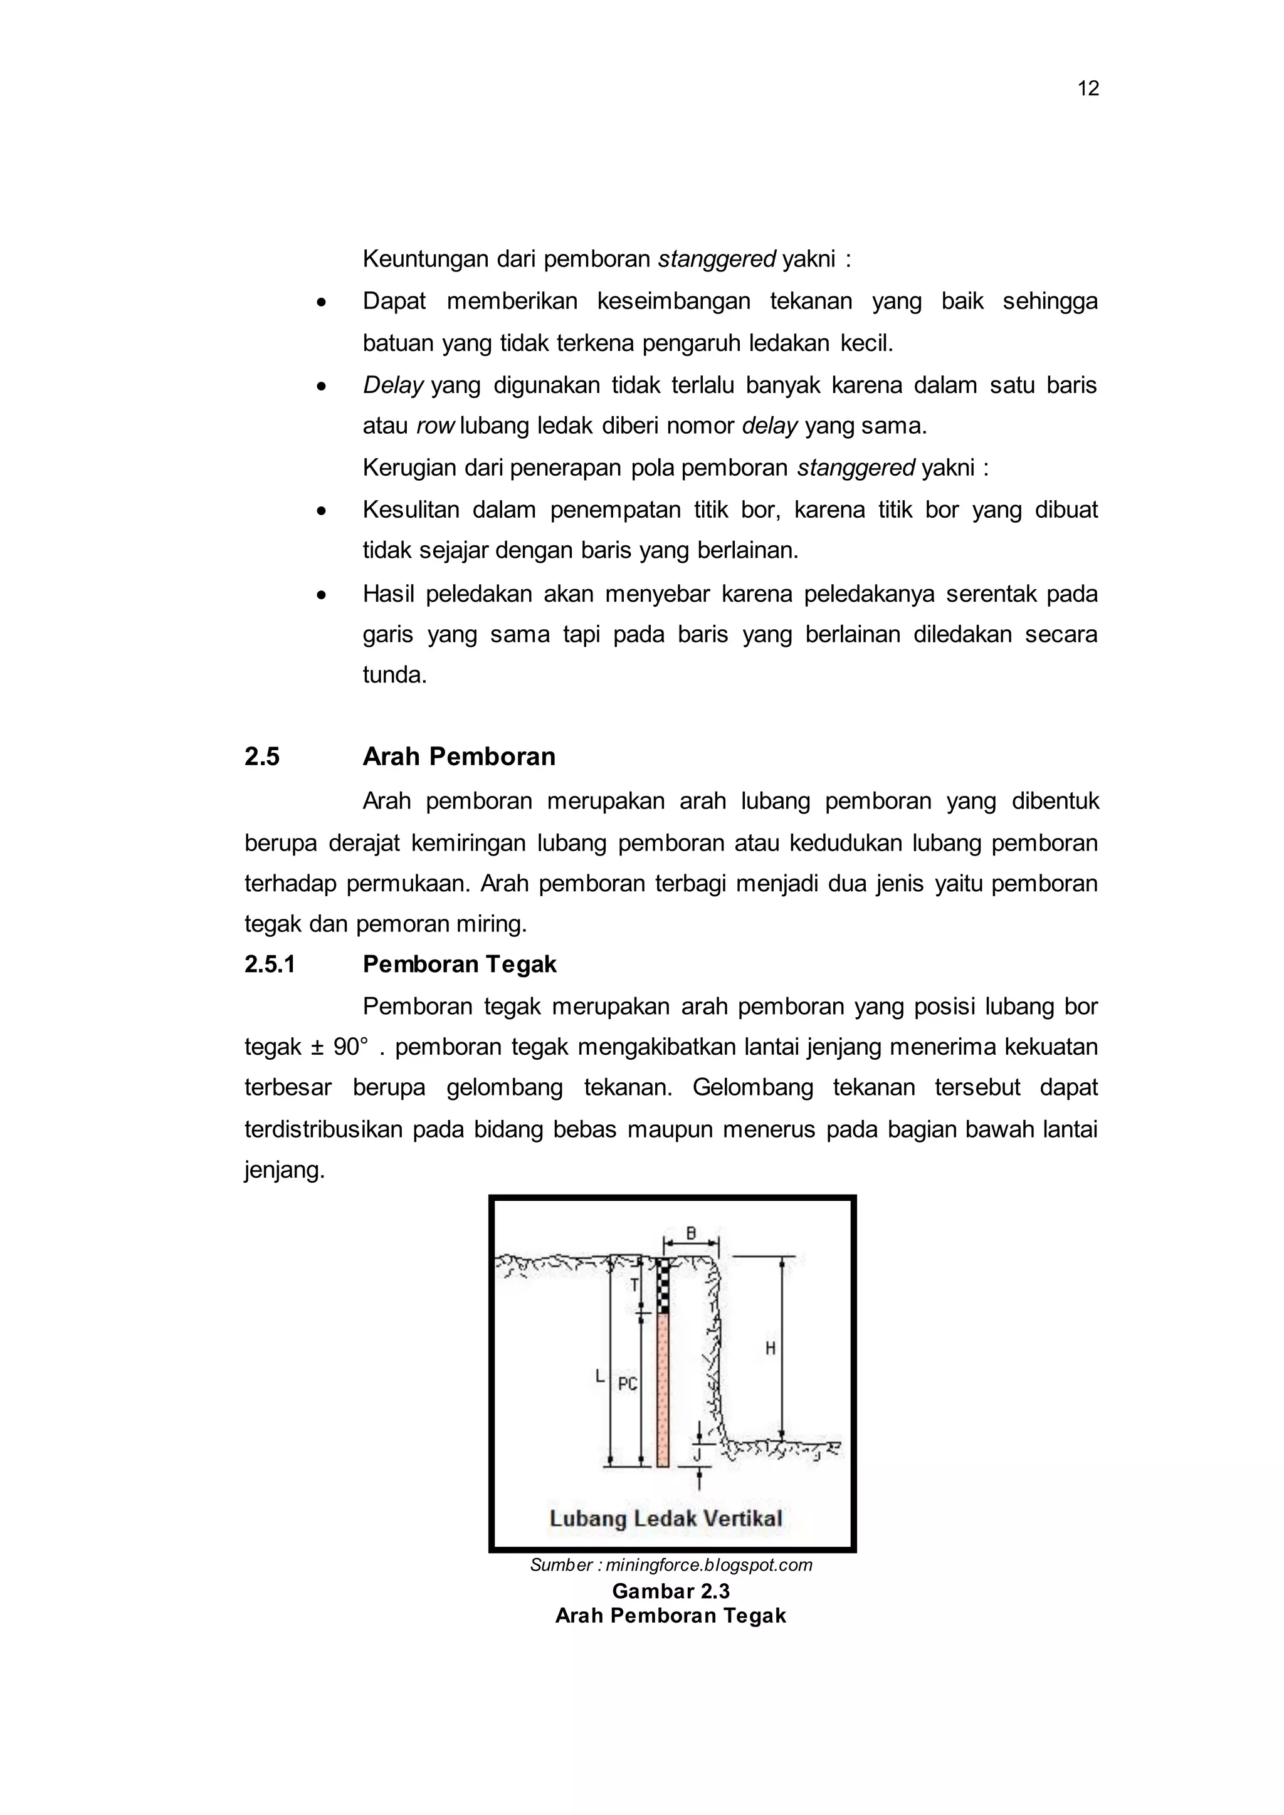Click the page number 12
pos(1088,88)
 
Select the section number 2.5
pos(261,756)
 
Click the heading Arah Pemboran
pos(458,756)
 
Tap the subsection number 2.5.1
pos(270,964)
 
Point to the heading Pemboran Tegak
pos(460,964)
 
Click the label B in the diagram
pos(690,1233)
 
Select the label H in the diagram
pos(769,1349)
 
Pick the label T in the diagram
pos(634,1285)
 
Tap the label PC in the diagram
pos(628,1384)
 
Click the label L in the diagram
pos(600,1376)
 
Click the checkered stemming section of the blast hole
pos(663,1286)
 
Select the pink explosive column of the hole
pos(663,1391)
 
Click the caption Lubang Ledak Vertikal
pos(666,1519)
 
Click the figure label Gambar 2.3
pos(670,1591)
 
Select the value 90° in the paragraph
pos(350,1047)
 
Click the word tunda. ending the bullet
pos(394,675)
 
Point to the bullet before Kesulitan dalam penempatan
pos(321,511)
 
